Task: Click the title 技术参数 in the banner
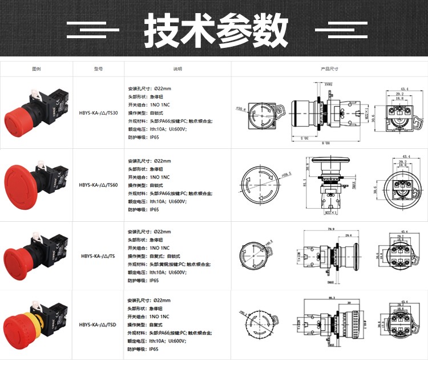tap(216, 29)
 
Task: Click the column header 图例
tap(36, 69)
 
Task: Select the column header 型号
tap(98, 69)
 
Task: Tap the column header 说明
tap(177, 69)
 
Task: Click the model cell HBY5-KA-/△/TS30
tap(98, 113)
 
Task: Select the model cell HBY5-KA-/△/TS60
tap(98, 185)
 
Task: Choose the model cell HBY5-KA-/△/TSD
tap(98, 324)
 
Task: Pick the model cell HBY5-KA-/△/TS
tap(98, 257)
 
